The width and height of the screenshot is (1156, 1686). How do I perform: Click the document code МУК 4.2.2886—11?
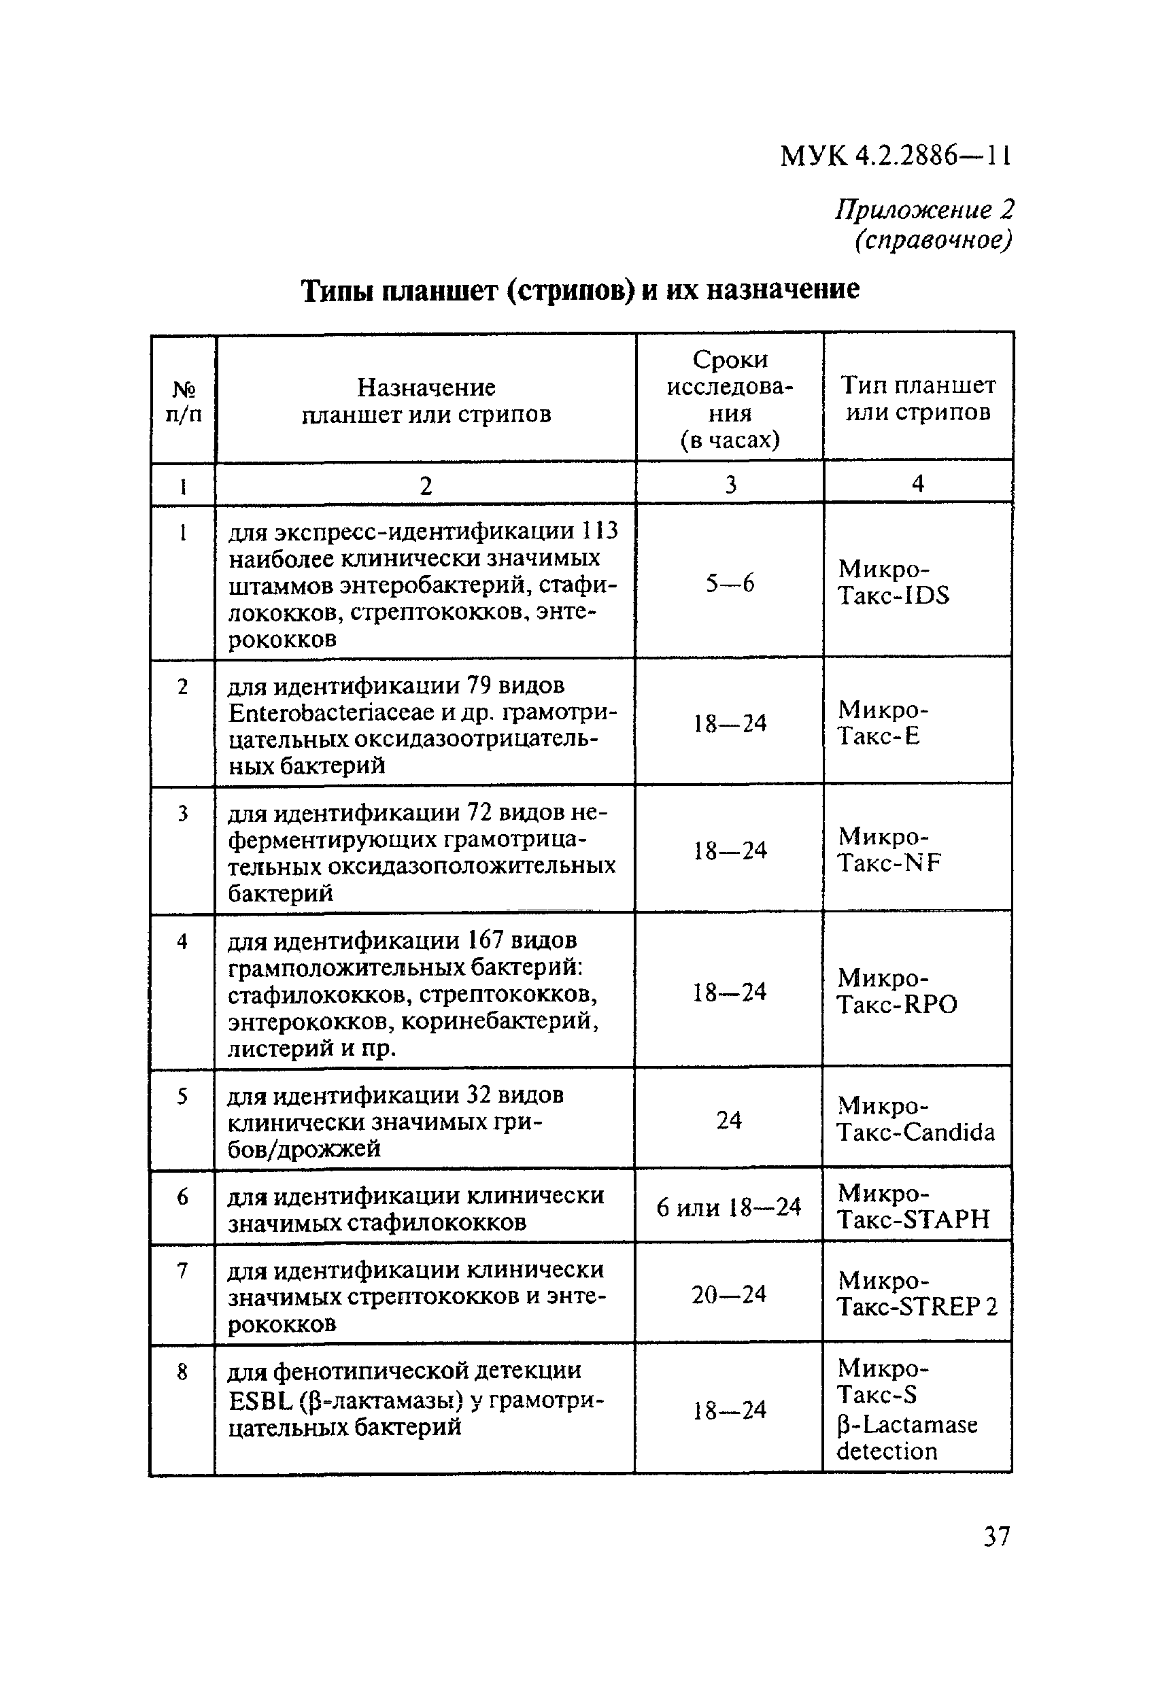[x=895, y=155]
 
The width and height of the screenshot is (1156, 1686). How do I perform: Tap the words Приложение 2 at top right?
[x=924, y=209]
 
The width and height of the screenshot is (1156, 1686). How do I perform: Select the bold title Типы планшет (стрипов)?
[x=580, y=290]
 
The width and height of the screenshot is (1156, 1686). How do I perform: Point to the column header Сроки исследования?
[x=730, y=398]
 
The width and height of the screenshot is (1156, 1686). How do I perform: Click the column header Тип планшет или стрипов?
[x=917, y=398]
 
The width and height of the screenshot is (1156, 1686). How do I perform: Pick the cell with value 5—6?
[x=730, y=583]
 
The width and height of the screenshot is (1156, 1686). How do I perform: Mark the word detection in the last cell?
[x=887, y=1451]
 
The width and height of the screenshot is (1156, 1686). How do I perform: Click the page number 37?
[x=996, y=1536]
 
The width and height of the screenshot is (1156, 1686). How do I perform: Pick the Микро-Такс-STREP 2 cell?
[x=917, y=1294]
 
